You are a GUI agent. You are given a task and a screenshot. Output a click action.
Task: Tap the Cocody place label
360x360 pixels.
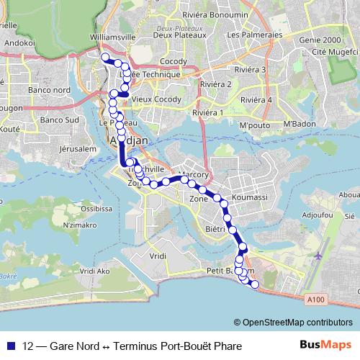[x=174, y=62]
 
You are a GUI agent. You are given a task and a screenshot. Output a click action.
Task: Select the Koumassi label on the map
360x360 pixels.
[x=250, y=197]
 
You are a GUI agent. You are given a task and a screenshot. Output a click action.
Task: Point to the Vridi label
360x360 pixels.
[x=158, y=256]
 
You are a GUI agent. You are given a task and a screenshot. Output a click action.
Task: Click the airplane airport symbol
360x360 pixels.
[x=318, y=256]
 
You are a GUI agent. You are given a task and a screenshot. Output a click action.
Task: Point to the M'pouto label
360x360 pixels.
[x=253, y=125]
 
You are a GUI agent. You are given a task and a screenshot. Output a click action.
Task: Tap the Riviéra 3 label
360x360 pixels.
[x=251, y=70]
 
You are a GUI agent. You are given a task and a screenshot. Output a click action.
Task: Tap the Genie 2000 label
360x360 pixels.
[x=321, y=40]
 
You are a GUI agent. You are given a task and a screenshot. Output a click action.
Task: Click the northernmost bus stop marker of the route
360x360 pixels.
[x=104, y=57]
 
